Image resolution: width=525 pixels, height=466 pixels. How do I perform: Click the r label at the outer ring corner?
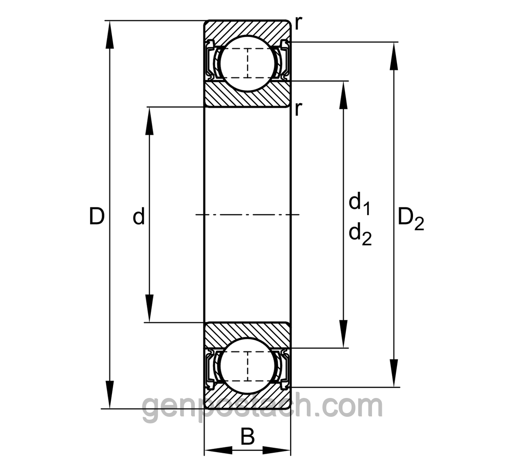coord(299,24)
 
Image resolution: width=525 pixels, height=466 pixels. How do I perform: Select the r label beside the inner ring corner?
coord(299,109)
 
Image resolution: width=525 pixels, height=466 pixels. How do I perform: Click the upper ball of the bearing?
coord(247,63)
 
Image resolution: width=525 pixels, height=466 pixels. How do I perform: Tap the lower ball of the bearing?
coord(247,366)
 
